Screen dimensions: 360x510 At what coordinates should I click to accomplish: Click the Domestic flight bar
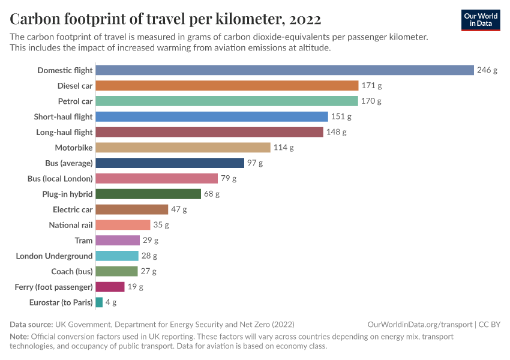point(284,70)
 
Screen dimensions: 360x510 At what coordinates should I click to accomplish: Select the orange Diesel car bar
point(227,86)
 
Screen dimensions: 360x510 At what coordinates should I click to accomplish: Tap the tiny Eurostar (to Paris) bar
point(99,302)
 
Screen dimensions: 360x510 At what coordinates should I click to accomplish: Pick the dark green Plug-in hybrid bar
point(148,194)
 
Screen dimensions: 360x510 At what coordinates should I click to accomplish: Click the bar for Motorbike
point(183,148)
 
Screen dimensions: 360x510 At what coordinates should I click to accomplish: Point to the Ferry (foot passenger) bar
point(110,287)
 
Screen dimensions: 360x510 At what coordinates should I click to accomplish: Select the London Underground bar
point(117,256)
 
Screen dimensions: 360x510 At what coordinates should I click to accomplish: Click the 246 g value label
point(487,70)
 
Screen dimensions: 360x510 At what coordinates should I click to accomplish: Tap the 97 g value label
point(255,163)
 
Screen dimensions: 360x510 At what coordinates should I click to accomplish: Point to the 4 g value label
point(111,302)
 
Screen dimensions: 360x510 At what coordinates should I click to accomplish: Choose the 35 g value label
point(161,225)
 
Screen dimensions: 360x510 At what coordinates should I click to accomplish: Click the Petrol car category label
point(75,101)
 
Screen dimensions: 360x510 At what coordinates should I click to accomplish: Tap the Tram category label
point(83,241)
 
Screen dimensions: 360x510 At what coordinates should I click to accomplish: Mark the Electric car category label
point(73,209)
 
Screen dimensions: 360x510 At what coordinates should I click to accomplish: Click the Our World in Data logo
point(481,19)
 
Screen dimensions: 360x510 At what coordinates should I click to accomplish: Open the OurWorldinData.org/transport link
point(419,324)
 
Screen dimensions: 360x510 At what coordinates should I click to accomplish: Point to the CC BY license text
point(489,324)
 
